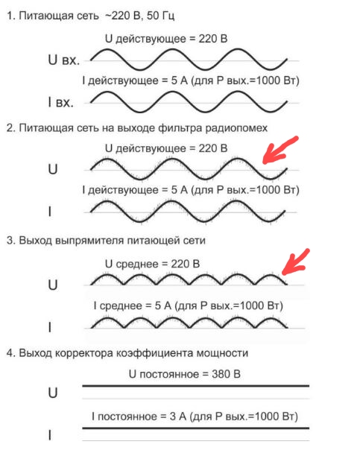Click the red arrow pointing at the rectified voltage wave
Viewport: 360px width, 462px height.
(294, 262)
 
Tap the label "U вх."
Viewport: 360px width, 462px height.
(64, 60)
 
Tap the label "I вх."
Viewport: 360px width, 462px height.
(60, 102)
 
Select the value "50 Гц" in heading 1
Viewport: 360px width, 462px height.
(160, 16)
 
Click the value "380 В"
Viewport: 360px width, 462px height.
(226, 374)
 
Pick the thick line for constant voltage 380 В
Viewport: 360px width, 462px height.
(195, 386)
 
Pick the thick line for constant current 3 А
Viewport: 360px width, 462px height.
(195, 428)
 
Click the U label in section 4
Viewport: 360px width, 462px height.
(53, 393)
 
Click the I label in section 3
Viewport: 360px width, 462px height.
(50, 327)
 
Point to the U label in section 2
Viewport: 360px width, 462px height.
(53, 169)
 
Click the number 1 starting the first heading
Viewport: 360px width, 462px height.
(10, 16)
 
